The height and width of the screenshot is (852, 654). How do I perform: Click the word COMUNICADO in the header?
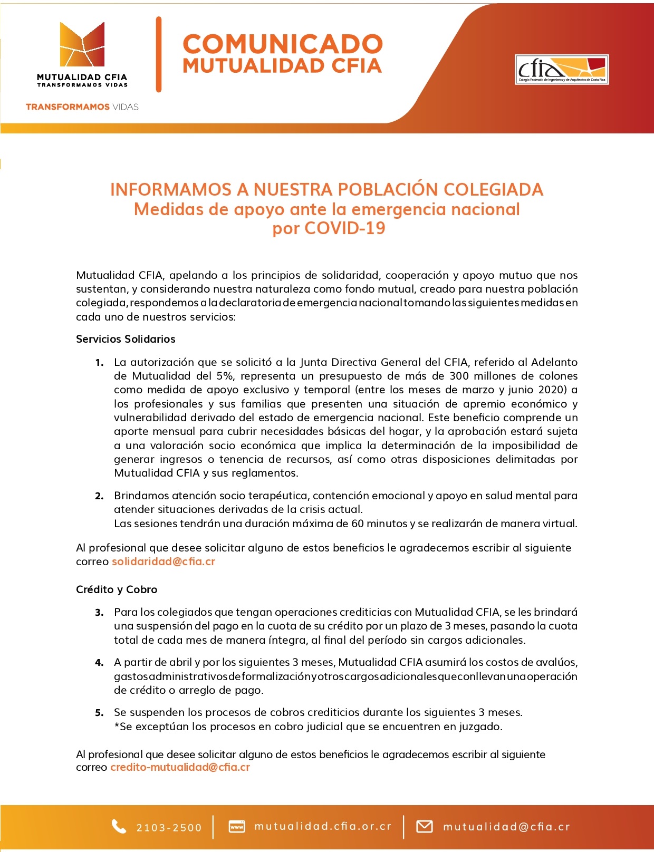[282, 44]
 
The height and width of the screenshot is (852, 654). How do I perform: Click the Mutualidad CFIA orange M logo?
[82, 45]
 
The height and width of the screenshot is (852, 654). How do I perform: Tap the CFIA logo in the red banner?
[562, 70]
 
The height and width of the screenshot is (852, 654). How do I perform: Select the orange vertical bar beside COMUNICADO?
[159, 54]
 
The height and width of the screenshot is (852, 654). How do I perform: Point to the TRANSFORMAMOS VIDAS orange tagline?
[82, 107]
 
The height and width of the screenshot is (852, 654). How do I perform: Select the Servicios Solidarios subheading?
[126, 339]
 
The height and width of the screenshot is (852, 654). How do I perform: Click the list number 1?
[99, 363]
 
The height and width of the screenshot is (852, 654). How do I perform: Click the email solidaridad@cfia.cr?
[163, 561]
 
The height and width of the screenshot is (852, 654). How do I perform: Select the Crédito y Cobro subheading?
[117, 589]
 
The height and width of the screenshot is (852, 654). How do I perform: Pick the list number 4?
[99, 663]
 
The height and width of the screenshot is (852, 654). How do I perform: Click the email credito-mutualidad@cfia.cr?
[180, 767]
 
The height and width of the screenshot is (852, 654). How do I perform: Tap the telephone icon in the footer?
[119, 827]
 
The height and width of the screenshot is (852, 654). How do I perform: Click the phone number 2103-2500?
[169, 828]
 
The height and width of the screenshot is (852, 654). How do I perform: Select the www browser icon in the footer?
[237, 827]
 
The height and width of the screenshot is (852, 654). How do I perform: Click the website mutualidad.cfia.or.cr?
[323, 826]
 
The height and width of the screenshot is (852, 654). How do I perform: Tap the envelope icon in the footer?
[425, 827]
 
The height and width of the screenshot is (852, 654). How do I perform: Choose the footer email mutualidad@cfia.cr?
[506, 827]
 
